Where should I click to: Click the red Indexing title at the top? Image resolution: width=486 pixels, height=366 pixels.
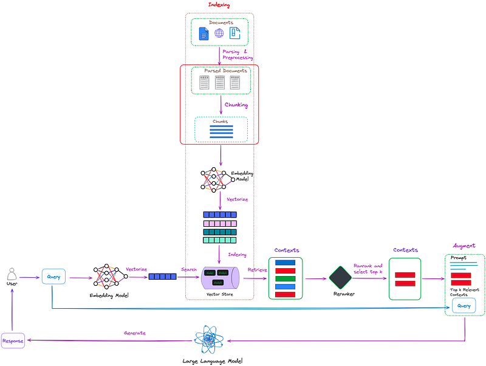click(x=219, y=5)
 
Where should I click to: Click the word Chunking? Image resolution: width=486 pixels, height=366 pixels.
click(x=236, y=105)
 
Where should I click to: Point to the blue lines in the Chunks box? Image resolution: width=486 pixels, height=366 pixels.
click(x=221, y=131)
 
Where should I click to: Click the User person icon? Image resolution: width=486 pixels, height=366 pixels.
click(x=11, y=274)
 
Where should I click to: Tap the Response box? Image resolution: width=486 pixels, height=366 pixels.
click(x=13, y=341)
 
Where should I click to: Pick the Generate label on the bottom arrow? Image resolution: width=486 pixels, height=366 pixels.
click(x=134, y=333)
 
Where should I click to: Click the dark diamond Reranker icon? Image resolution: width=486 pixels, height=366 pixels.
click(x=341, y=278)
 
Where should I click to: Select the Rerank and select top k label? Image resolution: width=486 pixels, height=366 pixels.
click(x=368, y=269)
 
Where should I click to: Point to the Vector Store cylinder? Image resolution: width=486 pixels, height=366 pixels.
click(x=219, y=277)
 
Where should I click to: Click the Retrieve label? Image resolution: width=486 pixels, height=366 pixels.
click(x=257, y=269)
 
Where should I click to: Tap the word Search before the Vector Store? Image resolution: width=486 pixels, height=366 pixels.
click(x=189, y=269)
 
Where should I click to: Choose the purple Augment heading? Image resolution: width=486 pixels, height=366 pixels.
click(x=464, y=246)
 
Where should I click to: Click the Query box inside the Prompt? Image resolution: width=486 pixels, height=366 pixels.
click(x=464, y=306)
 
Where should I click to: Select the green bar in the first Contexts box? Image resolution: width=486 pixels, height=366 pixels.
click(x=285, y=279)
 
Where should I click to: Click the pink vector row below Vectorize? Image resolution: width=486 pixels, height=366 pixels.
click(x=219, y=223)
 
